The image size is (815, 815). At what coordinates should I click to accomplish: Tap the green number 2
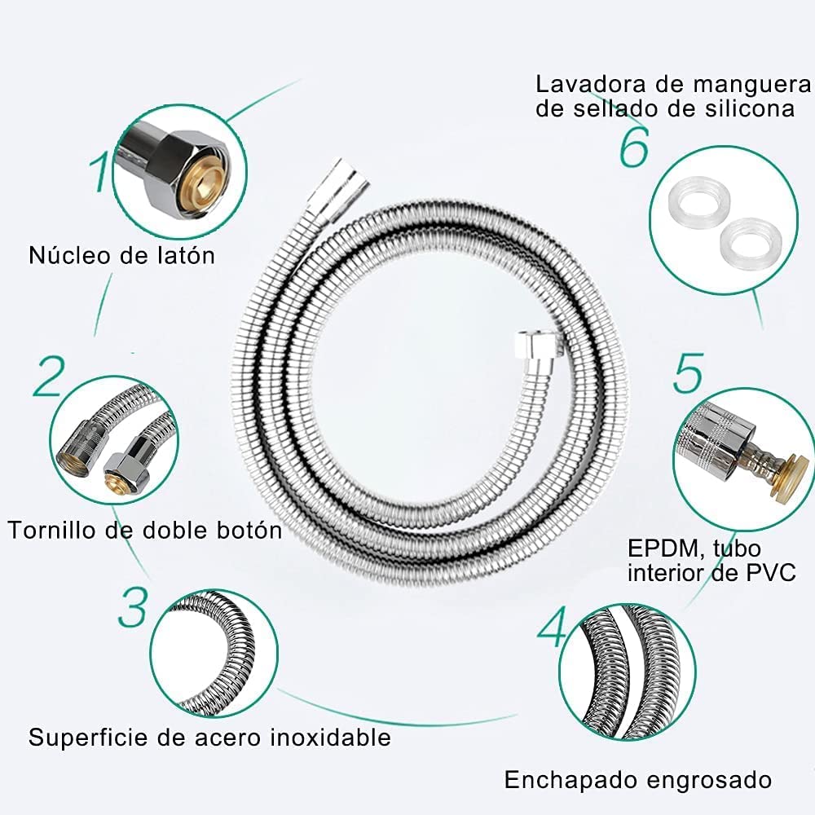coord(49,376)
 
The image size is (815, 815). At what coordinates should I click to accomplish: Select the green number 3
coord(134,604)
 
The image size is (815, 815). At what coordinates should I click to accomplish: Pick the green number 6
coord(634,148)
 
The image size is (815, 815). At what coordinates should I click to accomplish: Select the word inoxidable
coord(332,738)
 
